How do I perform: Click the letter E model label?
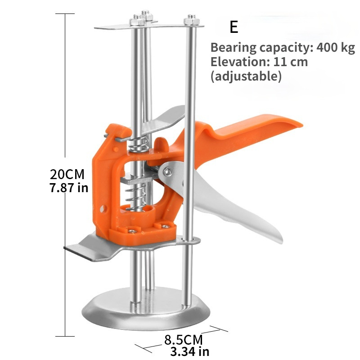[x=234, y=27]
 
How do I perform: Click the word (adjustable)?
[x=246, y=76]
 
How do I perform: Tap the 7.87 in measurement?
[x=69, y=187]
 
